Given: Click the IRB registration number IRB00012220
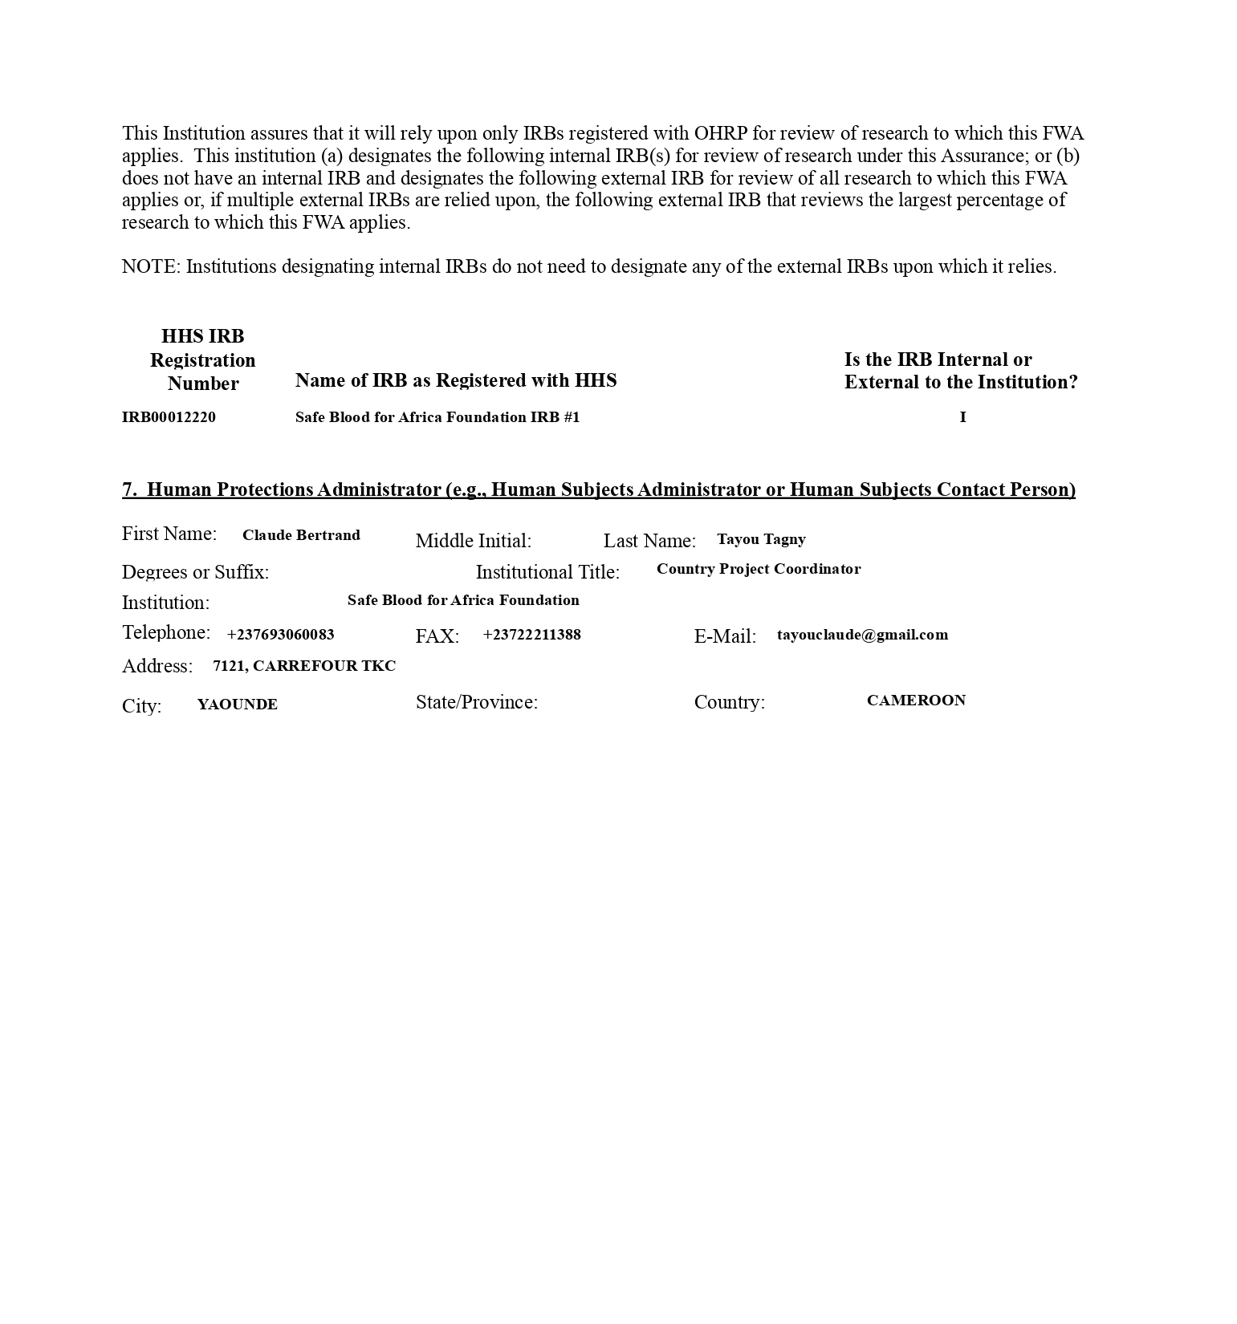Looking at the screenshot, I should tap(169, 417).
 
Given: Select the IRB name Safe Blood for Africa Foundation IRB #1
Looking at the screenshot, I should tap(437, 417).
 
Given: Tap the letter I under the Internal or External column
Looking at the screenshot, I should tap(962, 417).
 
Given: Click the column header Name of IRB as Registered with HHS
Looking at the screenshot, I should tap(455, 380).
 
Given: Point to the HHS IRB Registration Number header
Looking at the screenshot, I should tap(203, 359).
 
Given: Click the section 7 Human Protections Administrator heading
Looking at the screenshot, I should tap(598, 489).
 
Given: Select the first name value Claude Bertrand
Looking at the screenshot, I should tap(301, 535).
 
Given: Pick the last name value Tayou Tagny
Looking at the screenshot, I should tap(761, 539).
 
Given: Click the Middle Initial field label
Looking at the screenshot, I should tap(473, 541).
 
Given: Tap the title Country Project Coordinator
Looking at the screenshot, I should tap(758, 569).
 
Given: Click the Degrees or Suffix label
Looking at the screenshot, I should tap(195, 572).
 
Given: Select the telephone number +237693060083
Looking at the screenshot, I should tap(280, 635).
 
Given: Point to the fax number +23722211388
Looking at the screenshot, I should tap(531, 635).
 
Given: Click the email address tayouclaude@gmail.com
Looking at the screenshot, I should tap(862, 635).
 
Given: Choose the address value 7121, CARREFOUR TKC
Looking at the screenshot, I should tap(303, 666).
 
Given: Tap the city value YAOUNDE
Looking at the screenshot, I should tap(237, 705).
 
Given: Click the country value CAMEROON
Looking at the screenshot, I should tap(916, 701).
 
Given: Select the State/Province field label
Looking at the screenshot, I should tap(476, 702).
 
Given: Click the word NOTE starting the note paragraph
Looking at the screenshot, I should tap(151, 267).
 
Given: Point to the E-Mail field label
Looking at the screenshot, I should tap(725, 636).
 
